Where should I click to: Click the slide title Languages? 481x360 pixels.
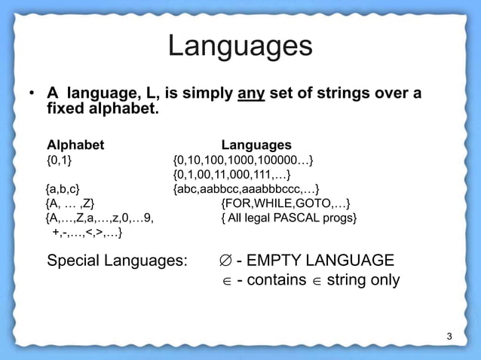click(240, 47)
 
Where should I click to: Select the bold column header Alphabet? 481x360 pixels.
click(75, 145)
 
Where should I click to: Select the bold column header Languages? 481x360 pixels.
click(256, 145)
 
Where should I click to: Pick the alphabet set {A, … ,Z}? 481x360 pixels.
click(69, 203)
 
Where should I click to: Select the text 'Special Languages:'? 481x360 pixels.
click(117, 261)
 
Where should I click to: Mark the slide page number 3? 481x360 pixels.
click(449, 336)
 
